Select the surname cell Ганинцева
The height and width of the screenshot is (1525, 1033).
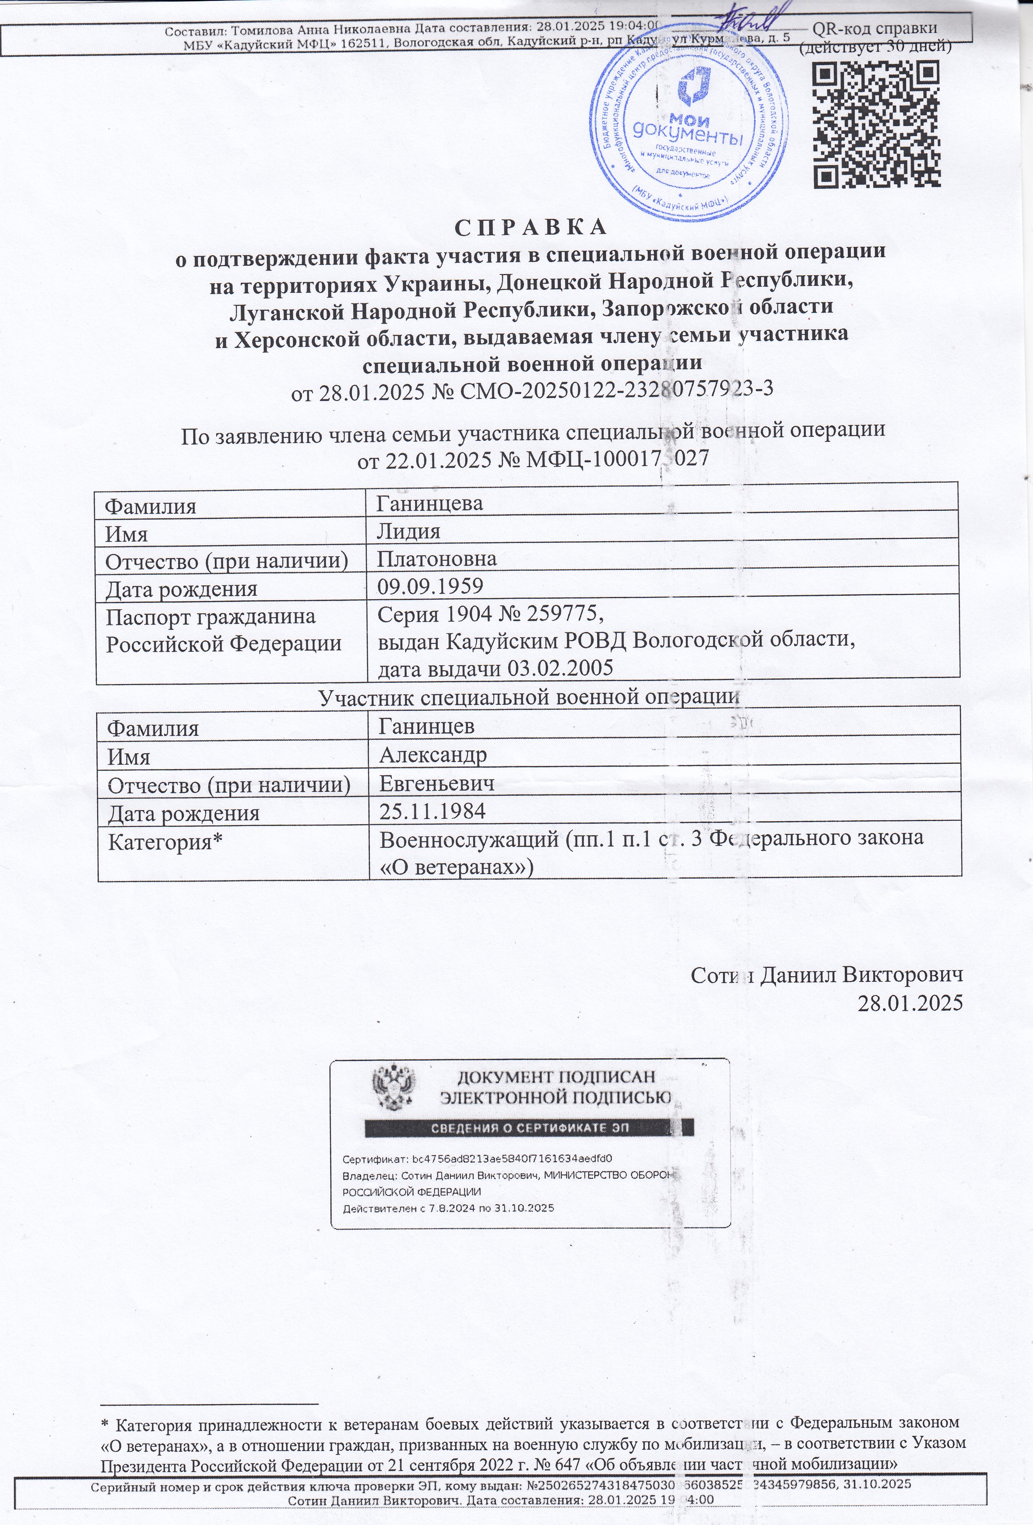[430, 503]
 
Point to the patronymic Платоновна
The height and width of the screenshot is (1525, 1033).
[436, 559]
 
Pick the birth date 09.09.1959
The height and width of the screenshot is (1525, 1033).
[430, 586]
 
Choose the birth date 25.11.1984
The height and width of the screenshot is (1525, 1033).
[433, 811]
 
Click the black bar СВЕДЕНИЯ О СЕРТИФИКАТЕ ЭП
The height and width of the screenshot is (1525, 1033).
[529, 1128]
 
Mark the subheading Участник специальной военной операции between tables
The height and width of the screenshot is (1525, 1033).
[529, 697]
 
